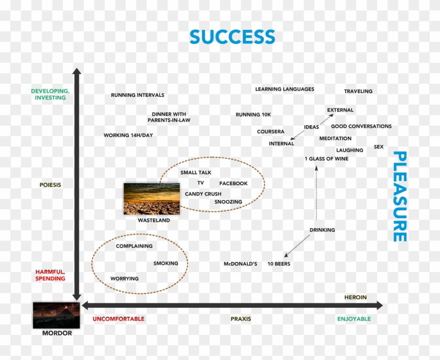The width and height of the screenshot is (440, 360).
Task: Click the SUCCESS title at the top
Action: click(x=233, y=37)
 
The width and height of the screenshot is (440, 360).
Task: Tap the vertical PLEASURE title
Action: click(x=400, y=196)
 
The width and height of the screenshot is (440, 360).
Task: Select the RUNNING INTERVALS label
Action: click(x=137, y=95)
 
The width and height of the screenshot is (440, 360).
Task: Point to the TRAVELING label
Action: click(x=358, y=91)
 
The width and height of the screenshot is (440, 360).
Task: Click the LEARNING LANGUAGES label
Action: click(x=284, y=89)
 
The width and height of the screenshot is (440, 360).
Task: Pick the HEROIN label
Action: click(x=355, y=297)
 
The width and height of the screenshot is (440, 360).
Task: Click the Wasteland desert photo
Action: click(x=151, y=199)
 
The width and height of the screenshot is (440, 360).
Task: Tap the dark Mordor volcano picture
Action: click(x=57, y=316)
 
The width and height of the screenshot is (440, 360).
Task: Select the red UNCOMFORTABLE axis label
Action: click(x=118, y=319)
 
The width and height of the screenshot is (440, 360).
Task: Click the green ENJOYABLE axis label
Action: click(x=354, y=319)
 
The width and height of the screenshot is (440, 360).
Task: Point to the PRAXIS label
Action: click(x=241, y=319)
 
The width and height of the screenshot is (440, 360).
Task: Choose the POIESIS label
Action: click(x=50, y=185)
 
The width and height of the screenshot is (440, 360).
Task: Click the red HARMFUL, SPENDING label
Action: click(x=50, y=275)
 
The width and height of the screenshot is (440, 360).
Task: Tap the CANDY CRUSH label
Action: click(x=203, y=194)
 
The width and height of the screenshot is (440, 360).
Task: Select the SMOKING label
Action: click(x=166, y=263)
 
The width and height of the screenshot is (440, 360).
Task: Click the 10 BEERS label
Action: click(x=279, y=264)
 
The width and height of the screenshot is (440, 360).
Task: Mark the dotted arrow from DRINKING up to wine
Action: click(x=316, y=193)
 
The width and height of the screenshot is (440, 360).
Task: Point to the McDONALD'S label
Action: click(x=240, y=264)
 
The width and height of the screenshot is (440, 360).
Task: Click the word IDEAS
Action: click(x=311, y=127)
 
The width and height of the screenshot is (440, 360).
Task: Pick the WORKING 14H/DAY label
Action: click(x=128, y=135)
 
